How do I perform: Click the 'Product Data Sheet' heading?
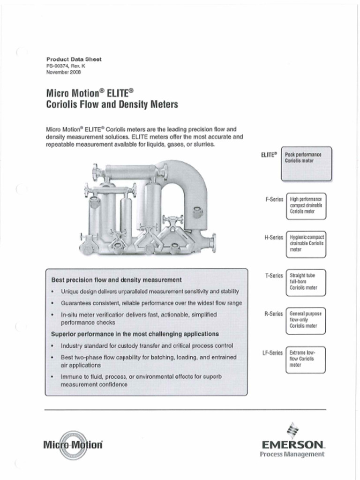tap(74, 60)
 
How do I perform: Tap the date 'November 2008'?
tap(63, 72)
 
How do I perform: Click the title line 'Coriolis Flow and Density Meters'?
tap(112, 104)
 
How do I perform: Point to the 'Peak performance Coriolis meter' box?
tap(306, 164)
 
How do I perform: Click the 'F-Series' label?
tap(274, 199)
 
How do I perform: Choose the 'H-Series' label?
tap(274, 238)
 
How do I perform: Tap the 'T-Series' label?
tap(274, 276)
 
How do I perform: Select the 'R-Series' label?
tap(274, 313)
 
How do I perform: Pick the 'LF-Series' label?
tap(272, 352)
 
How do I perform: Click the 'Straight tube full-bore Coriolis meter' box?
tap(306, 282)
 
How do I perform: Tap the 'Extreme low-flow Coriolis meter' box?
tap(306, 359)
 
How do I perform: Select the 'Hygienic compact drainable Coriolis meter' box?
tap(306, 244)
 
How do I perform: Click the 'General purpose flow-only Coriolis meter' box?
tap(306, 321)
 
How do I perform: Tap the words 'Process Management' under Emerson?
tap(292, 454)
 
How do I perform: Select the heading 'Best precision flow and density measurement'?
tap(116, 280)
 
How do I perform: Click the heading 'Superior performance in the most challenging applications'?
tap(135, 334)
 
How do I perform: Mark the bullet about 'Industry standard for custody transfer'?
tap(147, 346)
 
